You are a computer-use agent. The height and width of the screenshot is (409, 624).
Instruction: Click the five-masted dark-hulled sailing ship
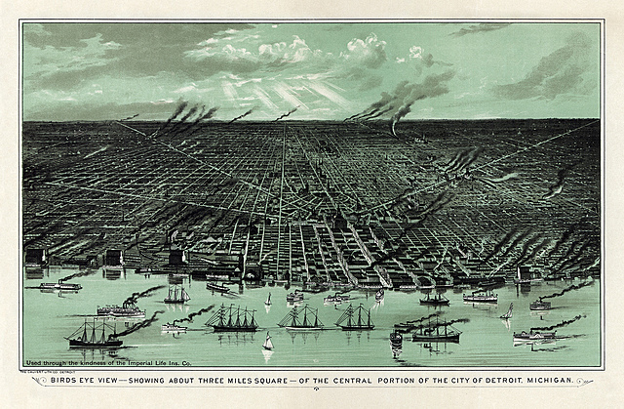coord(231,318)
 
